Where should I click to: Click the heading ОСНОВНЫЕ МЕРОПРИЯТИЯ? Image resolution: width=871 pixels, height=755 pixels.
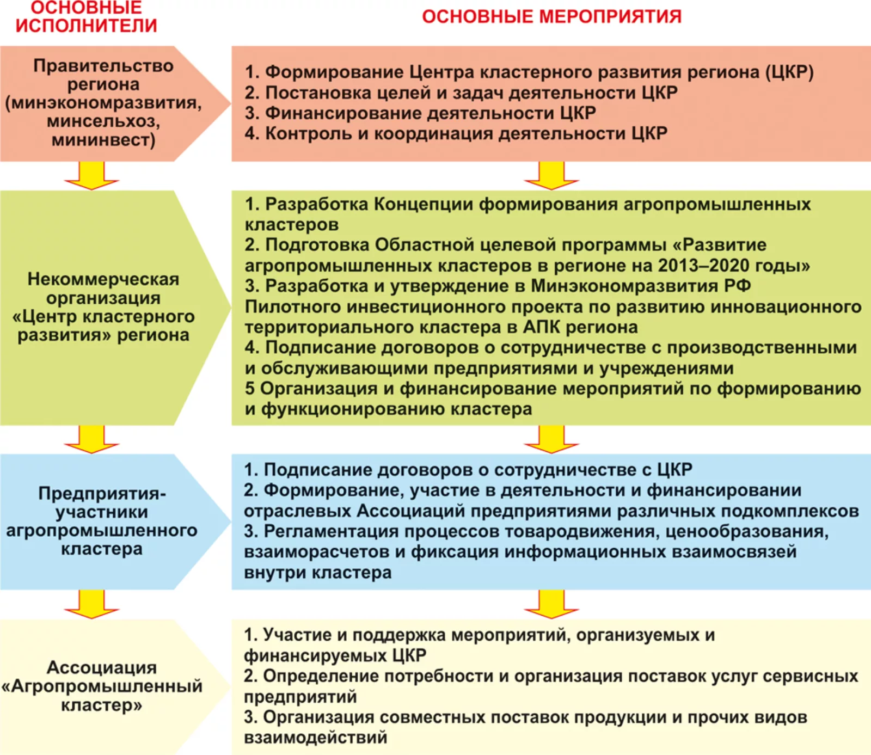(551, 16)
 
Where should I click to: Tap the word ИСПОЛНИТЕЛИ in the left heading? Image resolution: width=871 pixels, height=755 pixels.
(87, 26)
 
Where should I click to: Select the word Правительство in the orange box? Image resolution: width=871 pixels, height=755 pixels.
(103, 66)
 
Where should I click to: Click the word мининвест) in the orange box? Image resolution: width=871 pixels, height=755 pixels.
(103, 140)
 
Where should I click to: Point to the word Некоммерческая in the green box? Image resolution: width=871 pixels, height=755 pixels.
(103, 279)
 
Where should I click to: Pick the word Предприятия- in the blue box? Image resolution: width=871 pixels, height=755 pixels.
(102, 493)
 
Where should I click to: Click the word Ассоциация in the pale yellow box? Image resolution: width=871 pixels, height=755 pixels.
(102, 667)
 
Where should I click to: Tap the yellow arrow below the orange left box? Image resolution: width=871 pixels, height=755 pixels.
(91, 175)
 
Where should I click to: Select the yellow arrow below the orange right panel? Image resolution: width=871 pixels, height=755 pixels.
(551, 175)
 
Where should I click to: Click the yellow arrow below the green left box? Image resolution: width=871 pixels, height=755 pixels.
(91, 439)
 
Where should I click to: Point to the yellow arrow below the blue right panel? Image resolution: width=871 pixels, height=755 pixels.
(551, 604)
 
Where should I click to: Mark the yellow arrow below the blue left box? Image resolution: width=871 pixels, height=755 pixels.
(91, 604)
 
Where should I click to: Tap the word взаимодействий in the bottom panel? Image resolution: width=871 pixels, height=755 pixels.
(316, 738)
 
